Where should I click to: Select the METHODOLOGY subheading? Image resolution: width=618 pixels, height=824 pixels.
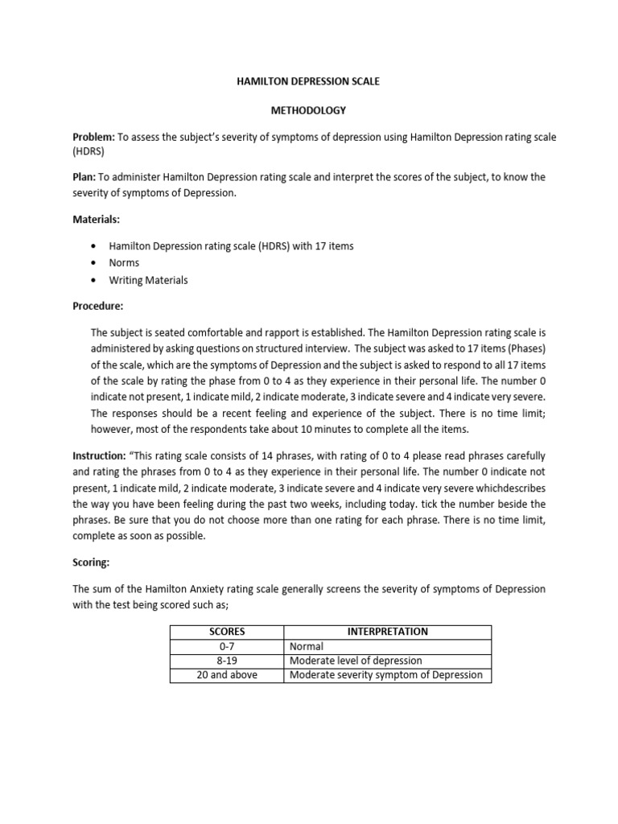click(x=308, y=109)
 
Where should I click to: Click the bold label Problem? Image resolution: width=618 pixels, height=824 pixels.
click(x=94, y=138)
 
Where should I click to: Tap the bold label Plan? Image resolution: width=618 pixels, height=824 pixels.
click(x=84, y=177)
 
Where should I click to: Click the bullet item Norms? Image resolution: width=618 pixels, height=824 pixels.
click(x=124, y=263)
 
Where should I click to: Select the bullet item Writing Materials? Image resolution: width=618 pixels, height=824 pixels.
click(x=149, y=280)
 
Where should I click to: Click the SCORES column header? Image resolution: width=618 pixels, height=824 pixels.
click(x=227, y=632)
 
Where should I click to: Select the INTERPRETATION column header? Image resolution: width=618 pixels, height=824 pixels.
click(x=388, y=632)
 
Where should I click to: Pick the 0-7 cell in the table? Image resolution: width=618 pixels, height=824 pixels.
click(x=227, y=646)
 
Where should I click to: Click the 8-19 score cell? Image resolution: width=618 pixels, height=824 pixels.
click(x=227, y=661)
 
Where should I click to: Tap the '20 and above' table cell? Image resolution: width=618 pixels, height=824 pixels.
click(x=227, y=675)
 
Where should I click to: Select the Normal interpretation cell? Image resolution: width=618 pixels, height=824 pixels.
click(x=307, y=646)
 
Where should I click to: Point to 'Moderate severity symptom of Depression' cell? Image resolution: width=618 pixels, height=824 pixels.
click(x=385, y=675)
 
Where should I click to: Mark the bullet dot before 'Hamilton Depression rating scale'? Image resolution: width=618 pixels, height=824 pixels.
click(x=95, y=246)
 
